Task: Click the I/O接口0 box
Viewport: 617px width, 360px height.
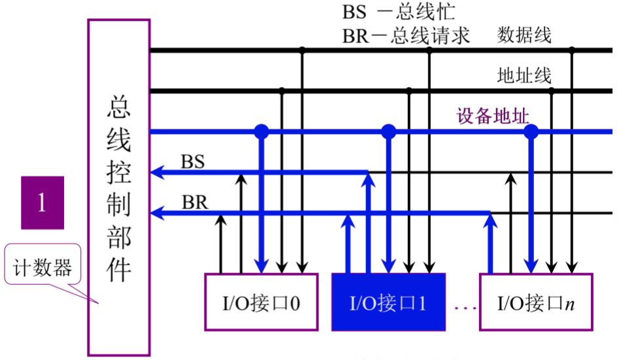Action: (260, 301)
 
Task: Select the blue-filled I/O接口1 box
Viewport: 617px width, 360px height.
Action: (388, 302)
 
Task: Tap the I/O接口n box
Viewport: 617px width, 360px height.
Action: (537, 302)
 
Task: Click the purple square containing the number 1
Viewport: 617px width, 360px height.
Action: (42, 203)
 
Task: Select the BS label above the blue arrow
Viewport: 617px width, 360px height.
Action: (192, 161)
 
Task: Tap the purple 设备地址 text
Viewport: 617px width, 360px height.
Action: (492, 116)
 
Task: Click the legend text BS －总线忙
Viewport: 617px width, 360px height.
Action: (399, 12)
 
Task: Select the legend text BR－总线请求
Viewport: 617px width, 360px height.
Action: (406, 35)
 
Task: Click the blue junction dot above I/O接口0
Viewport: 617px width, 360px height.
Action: (261, 132)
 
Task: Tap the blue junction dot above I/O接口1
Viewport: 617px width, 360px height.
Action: (389, 132)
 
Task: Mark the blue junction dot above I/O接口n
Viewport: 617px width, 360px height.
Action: (531, 132)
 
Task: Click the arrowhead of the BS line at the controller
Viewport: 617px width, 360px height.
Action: (157, 173)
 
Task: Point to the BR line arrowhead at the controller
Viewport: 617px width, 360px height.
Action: (157, 213)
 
